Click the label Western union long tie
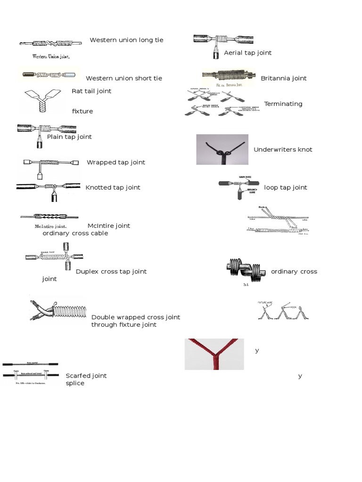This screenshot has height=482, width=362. [x=126, y=40]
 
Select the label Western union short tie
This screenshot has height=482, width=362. [x=124, y=78]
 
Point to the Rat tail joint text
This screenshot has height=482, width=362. [x=91, y=91]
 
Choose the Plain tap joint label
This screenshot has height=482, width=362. [x=69, y=137]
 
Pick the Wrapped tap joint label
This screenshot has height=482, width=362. [x=116, y=162]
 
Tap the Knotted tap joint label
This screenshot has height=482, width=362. [x=113, y=187]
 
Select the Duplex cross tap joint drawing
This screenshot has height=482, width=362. [x=54, y=258]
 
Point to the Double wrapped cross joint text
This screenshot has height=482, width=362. [x=136, y=317]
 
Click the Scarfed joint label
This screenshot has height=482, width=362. [x=86, y=376]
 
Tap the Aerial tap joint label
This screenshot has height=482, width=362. [x=248, y=53]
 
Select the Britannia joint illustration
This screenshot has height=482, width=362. [x=229, y=76]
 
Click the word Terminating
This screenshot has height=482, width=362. [x=283, y=104]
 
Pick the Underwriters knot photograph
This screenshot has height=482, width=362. [x=222, y=150]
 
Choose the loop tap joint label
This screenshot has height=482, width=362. [x=286, y=187]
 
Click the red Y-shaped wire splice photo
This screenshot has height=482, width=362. [x=214, y=354]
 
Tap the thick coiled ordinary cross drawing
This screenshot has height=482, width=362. [x=245, y=270]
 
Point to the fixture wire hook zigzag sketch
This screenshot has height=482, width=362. [x=283, y=310]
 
